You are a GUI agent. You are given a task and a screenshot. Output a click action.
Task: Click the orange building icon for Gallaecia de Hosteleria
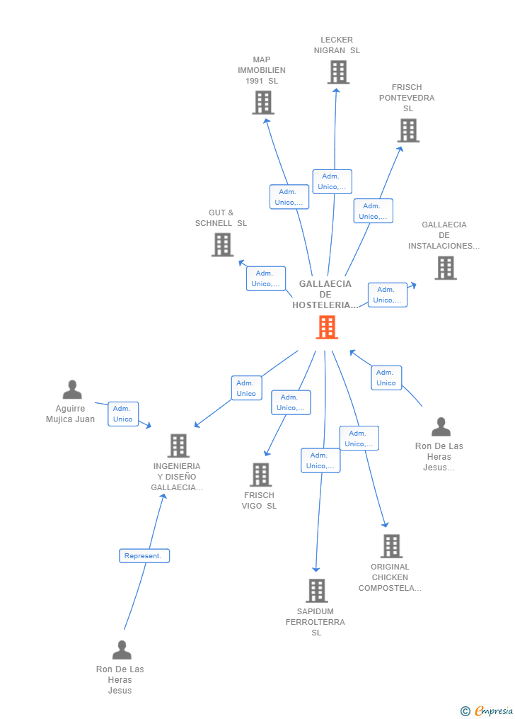(x=326, y=327)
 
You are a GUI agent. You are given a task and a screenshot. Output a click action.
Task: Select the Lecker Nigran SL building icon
(x=338, y=72)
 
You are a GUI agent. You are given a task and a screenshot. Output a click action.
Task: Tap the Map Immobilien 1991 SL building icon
(x=263, y=103)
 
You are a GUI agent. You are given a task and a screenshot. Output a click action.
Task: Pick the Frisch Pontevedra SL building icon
(x=408, y=130)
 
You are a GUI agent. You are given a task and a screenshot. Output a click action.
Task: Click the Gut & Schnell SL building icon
(x=222, y=244)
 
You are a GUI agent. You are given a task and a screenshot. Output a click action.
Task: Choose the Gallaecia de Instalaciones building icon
(x=445, y=268)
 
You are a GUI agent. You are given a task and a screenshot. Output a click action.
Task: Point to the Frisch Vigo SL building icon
(x=260, y=475)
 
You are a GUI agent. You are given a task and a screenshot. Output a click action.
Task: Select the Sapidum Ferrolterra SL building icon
(x=316, y=590)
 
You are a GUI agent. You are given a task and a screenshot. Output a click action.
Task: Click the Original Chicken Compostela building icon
(x=391, y=546)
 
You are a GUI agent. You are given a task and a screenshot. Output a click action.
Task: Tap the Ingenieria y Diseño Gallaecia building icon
(x=178, y=446)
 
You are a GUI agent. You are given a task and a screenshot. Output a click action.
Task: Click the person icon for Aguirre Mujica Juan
(x=72, y=390)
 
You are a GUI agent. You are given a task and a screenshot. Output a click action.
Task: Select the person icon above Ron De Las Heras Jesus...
(x=441, y=426)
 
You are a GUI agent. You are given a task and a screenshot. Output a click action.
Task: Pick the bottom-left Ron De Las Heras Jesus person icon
(x=122, y=650)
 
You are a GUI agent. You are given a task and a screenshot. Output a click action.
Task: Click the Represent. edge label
(x=144, y=556)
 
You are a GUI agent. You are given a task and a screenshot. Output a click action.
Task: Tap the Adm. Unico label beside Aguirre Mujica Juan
(x=123, y=414)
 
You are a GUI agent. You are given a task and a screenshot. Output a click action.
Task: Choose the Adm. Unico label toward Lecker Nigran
(x=332, y=181)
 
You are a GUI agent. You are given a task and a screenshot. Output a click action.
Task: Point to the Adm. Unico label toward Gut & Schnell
(x=265, y=278)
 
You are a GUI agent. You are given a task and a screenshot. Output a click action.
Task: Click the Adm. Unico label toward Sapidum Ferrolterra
(x=320, y=460)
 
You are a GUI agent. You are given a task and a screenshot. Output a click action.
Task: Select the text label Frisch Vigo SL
(x=259, y=501)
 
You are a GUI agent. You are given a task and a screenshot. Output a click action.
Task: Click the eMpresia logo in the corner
(x=487, y=710)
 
